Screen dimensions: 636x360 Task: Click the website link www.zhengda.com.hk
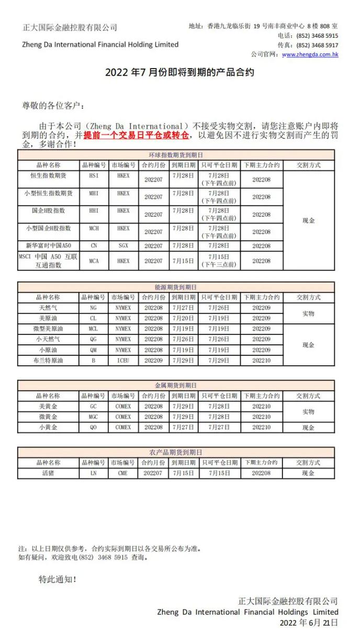click(310, 54)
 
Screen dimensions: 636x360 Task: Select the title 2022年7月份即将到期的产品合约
click(179, 72)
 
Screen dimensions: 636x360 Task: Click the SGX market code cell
click(123, 246)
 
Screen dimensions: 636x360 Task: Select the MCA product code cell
click(93, 260)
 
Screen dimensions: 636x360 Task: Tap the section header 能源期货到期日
click(176, 287)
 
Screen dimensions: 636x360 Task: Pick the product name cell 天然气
click(48, 308)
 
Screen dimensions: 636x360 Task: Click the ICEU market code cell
click(123, 360)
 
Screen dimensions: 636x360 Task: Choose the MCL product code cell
click(93, 329)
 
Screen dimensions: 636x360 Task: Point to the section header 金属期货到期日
click(176, 386)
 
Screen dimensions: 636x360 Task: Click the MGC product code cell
click(93, 417)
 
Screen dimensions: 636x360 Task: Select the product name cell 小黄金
click(48, 427)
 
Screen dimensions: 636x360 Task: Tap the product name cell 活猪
click(48, 473)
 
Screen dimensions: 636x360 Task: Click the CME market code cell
click(123, 473)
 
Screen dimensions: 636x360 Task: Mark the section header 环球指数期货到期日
click(176, 155)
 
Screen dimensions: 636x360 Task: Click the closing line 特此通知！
click(58, 579)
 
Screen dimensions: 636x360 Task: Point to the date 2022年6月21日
click(309, 622)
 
